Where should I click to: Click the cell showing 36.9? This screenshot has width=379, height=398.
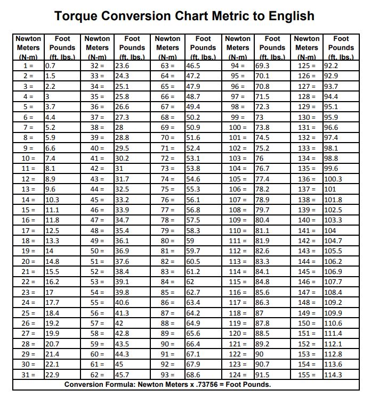click(122, 251)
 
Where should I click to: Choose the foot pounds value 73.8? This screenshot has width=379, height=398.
click(263, 128)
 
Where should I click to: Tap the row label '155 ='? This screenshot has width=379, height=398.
click(307, 374)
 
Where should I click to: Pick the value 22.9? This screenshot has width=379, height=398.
click(52, 374)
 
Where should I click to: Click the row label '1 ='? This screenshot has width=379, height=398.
click(28, 66)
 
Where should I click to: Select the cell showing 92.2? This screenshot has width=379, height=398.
click(331, 66)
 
